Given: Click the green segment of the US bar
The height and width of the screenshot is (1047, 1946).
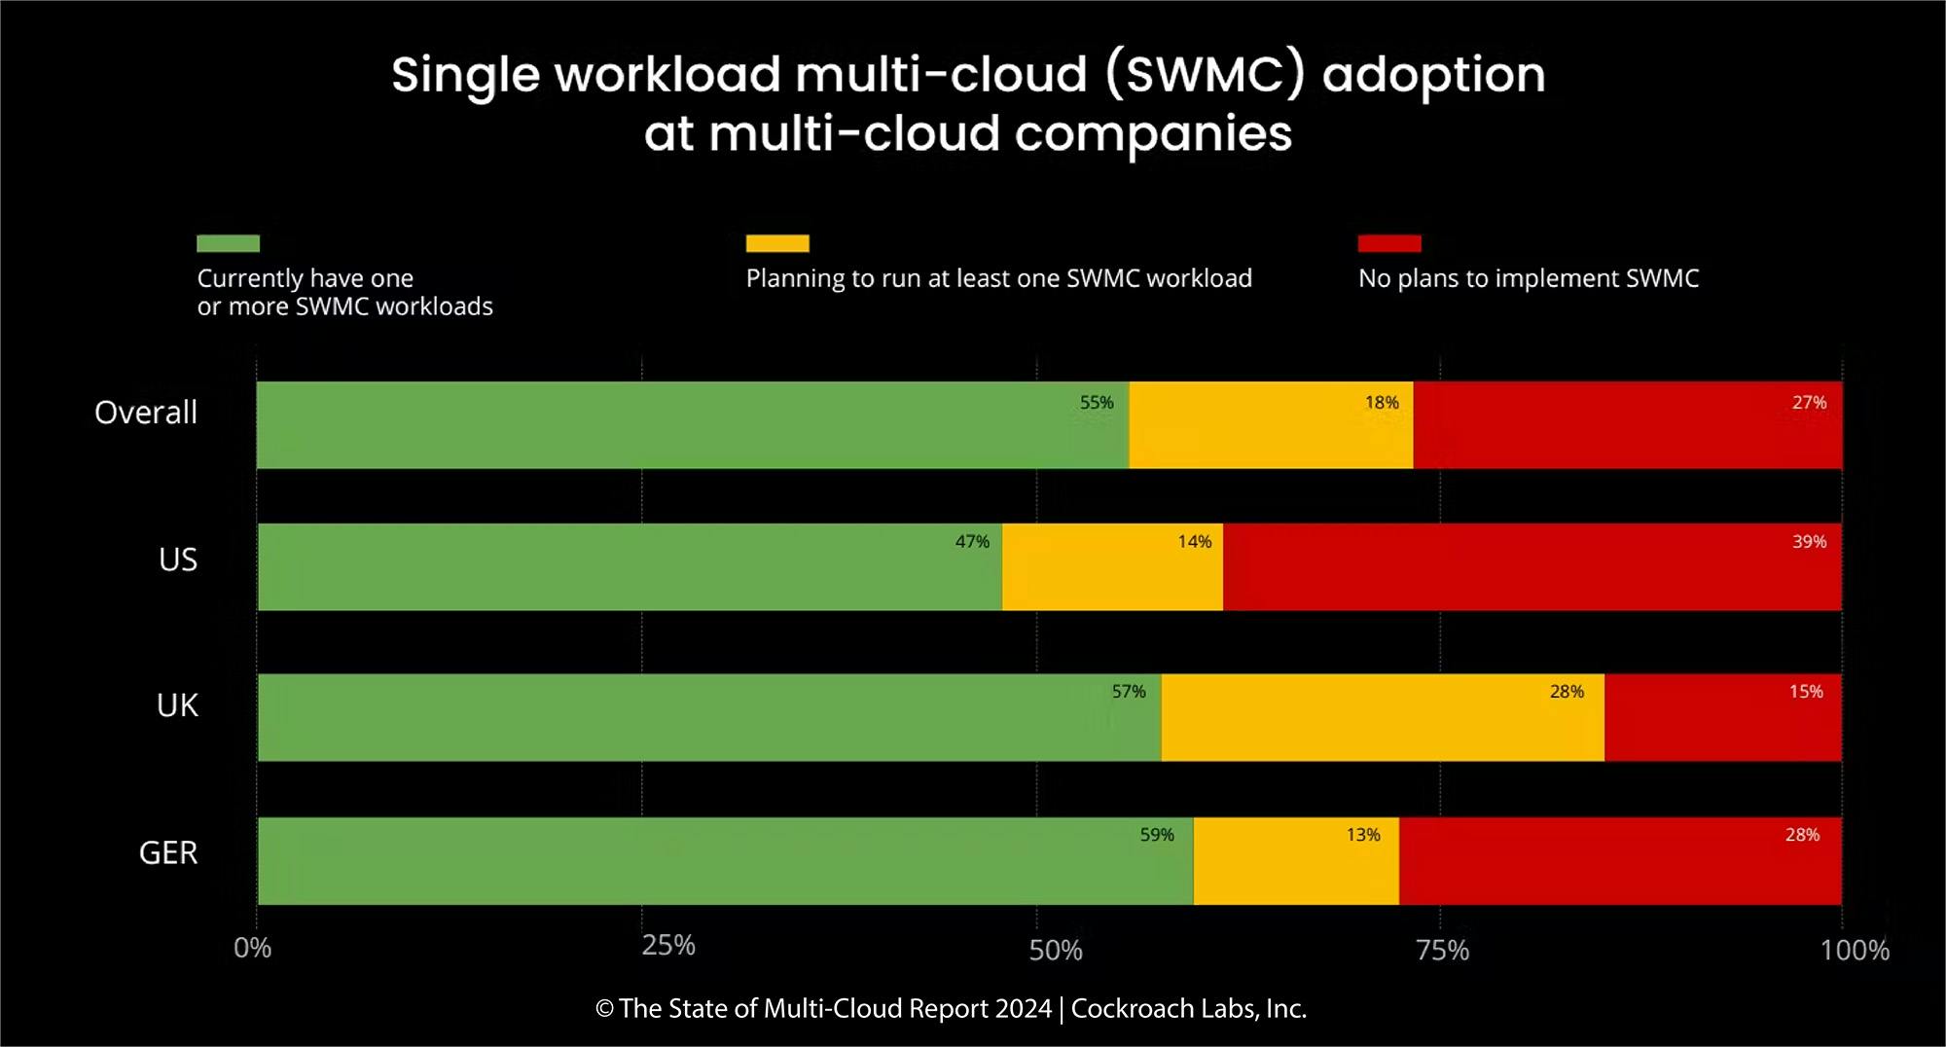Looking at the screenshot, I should click(x=630, y=567).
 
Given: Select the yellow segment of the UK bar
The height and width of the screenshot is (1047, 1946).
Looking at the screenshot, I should click(x=1382, y=717).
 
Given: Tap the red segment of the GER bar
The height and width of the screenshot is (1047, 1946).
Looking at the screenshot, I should click(x=1620, y=861).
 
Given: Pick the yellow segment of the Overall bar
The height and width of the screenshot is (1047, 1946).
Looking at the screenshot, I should click(x=1271, y=425).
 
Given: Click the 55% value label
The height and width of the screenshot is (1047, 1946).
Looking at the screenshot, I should click(x=1097, y=403).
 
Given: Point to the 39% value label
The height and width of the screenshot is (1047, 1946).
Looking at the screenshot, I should click(x=1809, y=542).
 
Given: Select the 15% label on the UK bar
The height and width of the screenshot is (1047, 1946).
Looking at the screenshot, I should click(x=1806, y=692).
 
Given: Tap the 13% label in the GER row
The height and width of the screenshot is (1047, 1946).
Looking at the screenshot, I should click(x=1363, y=835).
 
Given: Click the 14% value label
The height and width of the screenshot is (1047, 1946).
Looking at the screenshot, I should click(x=1195, y=542).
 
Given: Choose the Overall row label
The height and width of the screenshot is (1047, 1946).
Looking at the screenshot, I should click(x=146, y=413).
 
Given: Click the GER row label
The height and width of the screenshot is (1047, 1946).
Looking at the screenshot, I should click(x=168, y=853).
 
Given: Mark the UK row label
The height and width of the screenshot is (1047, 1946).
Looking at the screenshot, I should click(x=177, y=705).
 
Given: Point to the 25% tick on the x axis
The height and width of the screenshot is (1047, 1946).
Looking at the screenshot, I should click(x=668, y=946).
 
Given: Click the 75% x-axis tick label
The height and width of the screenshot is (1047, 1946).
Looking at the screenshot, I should click(x=1442, y=951).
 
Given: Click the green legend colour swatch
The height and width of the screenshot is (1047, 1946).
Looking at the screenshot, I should click(x=228, y=243).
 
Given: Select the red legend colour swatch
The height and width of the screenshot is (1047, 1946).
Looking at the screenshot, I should click(x=1389, y=243).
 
